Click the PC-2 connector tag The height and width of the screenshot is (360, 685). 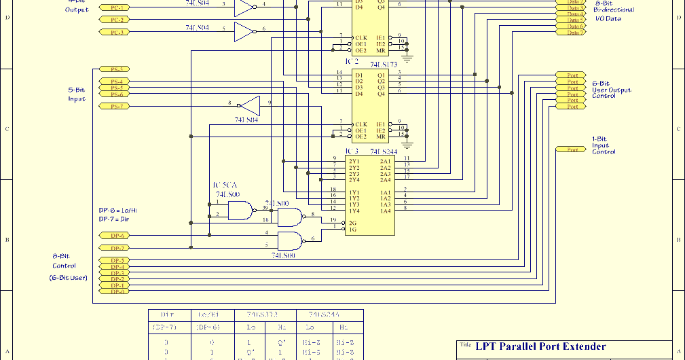(116, 20)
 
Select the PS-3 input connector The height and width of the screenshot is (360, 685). (116, 69)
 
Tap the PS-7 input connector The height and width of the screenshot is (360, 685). (116, 107)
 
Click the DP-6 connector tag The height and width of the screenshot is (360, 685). (116, 236)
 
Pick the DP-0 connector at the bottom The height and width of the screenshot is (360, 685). (116, 291)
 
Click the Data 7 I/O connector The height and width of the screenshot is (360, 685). (570, 33)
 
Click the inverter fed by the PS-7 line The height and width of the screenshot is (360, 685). (250, 105)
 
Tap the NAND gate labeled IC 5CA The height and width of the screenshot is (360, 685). (239, 211)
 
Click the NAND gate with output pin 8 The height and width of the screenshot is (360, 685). (291, 217)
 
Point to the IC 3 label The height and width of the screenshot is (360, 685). (352, 151)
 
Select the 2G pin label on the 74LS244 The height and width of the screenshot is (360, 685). (353, 222)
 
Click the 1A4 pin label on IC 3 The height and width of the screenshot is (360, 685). (385, 211)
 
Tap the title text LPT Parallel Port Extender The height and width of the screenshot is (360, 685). (540, 346)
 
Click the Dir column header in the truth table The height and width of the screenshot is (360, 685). (167, 315)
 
